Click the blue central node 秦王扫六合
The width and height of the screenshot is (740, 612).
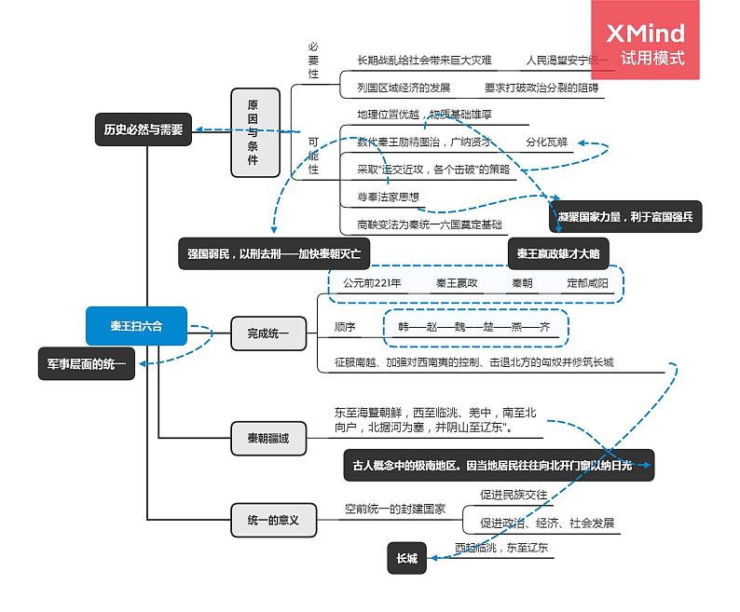tap(137, 326)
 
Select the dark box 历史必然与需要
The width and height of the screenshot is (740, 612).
tap(144, 130)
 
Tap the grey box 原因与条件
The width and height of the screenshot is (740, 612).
tap(254, 133)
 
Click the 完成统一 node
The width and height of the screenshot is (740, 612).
tap(268, 332)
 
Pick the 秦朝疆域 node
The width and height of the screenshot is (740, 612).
tap(268, 438)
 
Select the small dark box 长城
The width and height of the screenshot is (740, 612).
tap(406, 559)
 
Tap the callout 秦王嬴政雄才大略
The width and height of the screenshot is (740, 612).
tap(558, 253)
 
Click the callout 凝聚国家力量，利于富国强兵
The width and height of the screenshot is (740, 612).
tap(625, 216)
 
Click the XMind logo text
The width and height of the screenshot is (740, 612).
tap(645, 34)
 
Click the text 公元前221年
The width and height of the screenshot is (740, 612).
tap(371, 282)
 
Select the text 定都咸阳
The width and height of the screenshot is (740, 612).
tap(587, 282)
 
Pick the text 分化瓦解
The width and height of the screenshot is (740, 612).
tap(546, 143)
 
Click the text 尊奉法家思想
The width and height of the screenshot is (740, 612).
tap(388, 197)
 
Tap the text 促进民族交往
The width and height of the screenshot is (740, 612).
tap(514, 495)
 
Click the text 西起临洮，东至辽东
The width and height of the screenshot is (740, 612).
tap(500, 548)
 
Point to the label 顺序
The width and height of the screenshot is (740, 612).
tap(345, 327)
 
